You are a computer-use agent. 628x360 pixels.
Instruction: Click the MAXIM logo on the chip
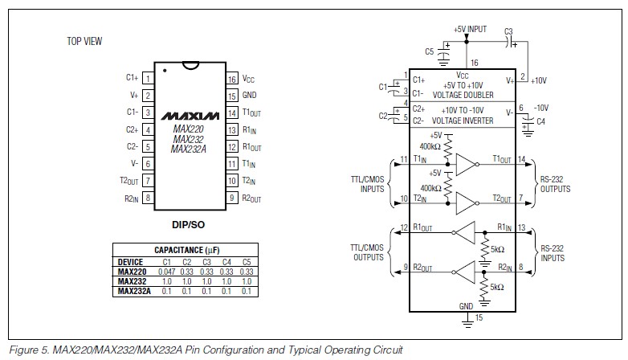[x=190, y=117]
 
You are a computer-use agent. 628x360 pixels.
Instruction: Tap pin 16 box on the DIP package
[x=232, y=79]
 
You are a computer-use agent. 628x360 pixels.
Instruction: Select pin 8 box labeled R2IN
[x=148, y=198]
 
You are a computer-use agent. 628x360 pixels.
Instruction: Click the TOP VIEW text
[x=84, y=41]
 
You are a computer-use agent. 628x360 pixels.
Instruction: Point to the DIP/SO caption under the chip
[x=188, y=225]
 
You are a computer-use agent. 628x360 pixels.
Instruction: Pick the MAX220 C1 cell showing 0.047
[x=166, y=272]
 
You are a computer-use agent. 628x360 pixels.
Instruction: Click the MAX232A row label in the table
[x=134, y=291]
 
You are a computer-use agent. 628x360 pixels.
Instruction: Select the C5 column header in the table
[x=247, y=262]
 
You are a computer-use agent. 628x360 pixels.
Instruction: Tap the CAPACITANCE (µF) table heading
[x=186, y=250]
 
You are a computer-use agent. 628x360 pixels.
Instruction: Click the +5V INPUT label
[x=471, y=29]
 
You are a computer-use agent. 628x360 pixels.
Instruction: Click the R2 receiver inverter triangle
[x=464, y=272]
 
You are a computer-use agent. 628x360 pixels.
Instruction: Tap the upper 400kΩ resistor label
[x=430, y=147]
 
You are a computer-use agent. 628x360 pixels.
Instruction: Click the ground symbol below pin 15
[x=467, y=321]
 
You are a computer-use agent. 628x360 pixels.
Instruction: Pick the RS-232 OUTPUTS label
[x=555, y=184]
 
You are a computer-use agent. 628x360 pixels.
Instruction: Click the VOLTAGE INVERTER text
[x=463, y=121]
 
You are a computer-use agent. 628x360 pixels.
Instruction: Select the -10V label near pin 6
[x=541, y=108]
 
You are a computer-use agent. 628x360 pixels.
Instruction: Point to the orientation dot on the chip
[x=165, y=71]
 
